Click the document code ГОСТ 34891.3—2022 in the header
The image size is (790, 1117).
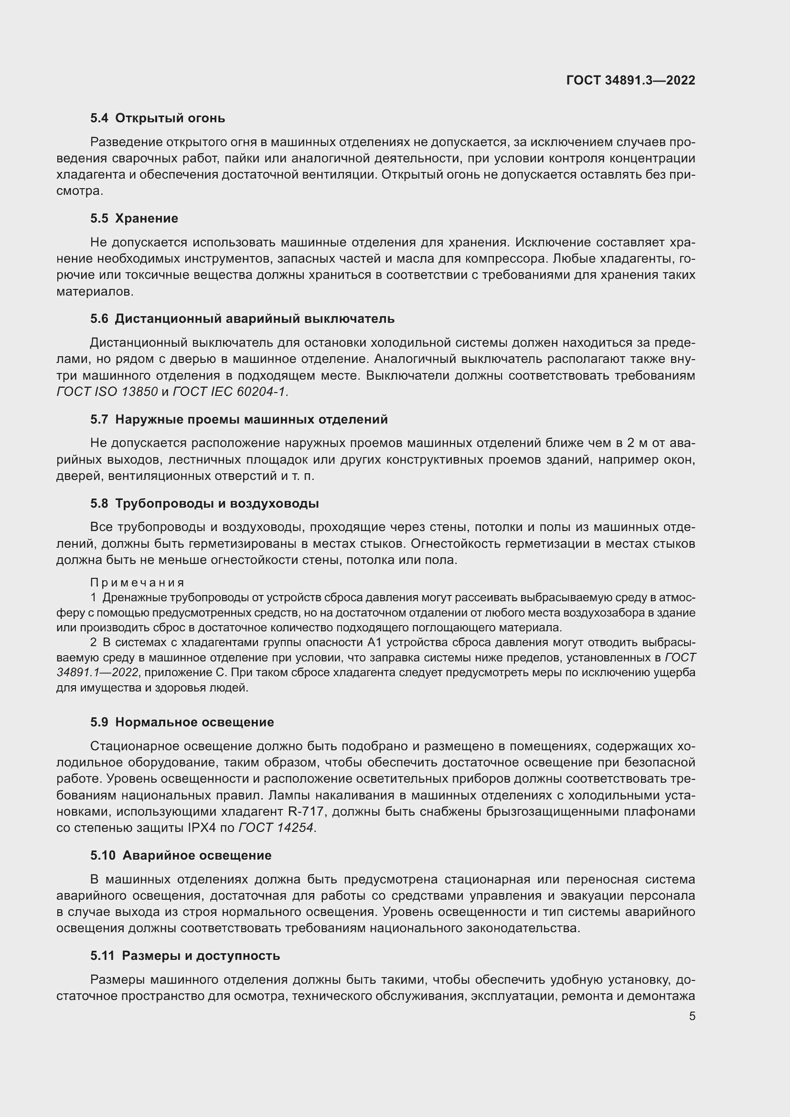[630, 80]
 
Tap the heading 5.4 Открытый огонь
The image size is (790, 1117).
[158, 118]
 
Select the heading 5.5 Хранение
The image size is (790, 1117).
[134, 218]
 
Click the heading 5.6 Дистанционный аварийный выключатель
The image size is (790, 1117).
[242, 319]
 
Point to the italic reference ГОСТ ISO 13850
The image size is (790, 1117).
[107, 392]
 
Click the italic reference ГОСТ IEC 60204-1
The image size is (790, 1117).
[229, 392]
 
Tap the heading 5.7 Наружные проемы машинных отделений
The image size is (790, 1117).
[239, 419]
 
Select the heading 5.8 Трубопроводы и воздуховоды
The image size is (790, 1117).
[204, 503]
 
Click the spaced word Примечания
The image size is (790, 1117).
[138, 583]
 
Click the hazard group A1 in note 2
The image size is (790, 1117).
[375, 643]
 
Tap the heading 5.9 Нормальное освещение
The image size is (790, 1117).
[182, 723]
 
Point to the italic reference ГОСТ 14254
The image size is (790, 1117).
[276, 828]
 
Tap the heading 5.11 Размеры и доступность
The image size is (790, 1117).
[185, 956]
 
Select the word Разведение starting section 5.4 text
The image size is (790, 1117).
[126, 142]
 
